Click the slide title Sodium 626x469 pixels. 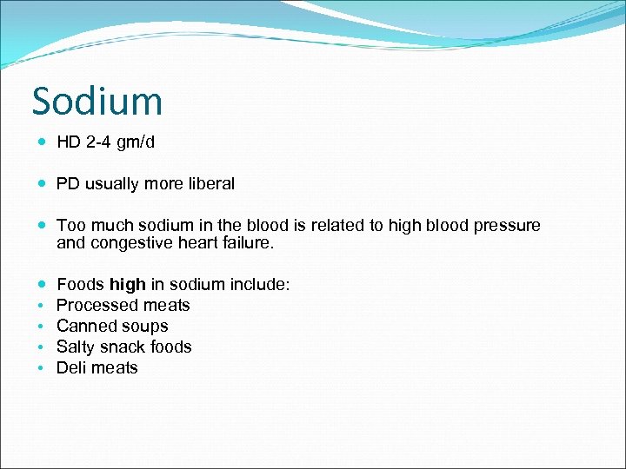(97, 102)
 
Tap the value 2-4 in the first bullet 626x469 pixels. (100, 142)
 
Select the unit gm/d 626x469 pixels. (137, 142)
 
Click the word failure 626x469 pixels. (247, 244)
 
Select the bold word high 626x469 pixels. (128, 284)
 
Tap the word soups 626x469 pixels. (146, 326)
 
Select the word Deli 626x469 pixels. (72, 367)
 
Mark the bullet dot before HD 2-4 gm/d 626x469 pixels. (43, 142)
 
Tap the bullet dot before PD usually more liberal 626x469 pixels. (43, 184)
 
